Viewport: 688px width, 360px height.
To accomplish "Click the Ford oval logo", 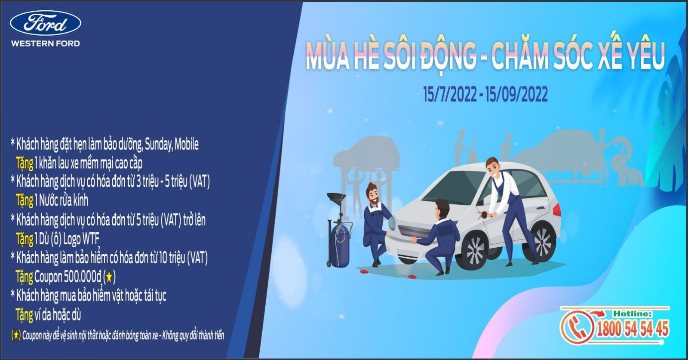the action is (x=46, y=23).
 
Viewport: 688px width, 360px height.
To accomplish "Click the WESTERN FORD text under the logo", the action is (x=46, y=43).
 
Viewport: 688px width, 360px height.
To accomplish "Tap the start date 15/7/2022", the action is (x=450, y=94).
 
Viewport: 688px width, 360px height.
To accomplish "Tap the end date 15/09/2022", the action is (x=517, y=94).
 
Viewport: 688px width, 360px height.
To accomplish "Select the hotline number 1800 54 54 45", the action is (x=633, y=329).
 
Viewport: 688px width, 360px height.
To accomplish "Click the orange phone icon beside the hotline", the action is (x=577, y=326).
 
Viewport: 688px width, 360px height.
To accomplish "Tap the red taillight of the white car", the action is (x=556, y=210).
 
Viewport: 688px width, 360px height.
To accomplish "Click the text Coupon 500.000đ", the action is (x=68, y=277).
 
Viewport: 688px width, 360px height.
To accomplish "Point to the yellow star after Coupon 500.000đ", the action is (x=109, y=277).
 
